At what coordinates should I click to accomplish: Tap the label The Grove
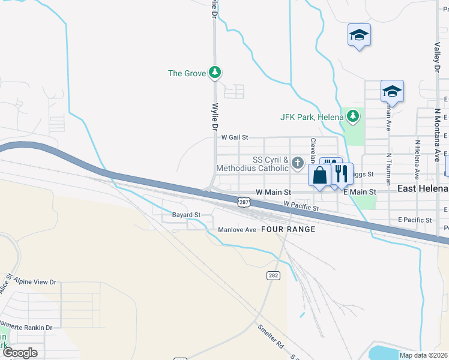[x=186, y=74]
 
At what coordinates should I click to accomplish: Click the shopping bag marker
[x=320, y=175]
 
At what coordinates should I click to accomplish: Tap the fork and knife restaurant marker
[x=342, y=174]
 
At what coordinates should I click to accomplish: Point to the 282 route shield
[x=273, y=274]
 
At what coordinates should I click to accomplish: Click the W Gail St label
[x=234, y=137]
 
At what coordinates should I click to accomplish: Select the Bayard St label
[x=186, y=214]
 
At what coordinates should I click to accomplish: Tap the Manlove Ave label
[x=237, y=230]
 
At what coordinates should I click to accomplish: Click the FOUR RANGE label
[x=288, y=230]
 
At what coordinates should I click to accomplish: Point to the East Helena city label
[x=423, y=189]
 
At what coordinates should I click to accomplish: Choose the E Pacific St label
[x=415, y=220]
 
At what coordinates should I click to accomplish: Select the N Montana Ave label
[x=438, y=135]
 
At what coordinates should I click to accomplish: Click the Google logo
[x=20, y=352]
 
